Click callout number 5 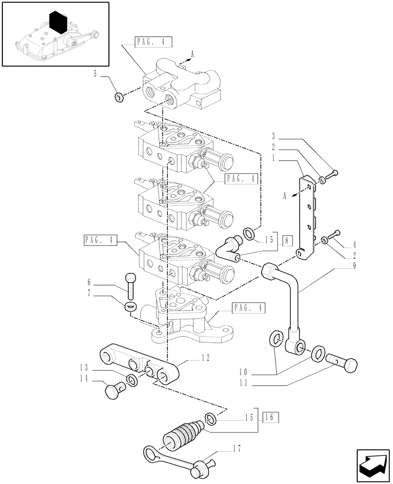click(x=95, y=74)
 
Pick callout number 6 click(x=89, y=282)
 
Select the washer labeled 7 click(x=129, y=306)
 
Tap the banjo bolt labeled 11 click(x=343, y=361)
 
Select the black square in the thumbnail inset click(x=58, y=21)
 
